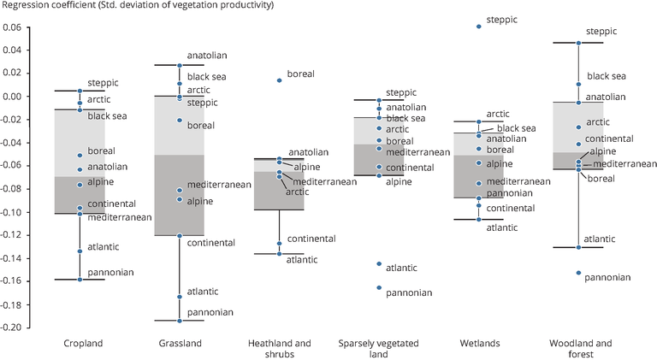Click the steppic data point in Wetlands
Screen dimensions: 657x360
pos(479,27)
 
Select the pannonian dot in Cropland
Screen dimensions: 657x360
pos(80,280)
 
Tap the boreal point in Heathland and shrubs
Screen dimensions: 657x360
pos(280,80)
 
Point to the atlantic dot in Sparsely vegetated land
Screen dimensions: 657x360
pos(379,263)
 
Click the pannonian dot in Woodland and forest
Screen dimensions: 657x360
pos(578,273)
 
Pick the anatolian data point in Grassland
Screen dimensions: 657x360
pos(180,65)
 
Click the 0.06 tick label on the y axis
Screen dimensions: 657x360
pos(12,27)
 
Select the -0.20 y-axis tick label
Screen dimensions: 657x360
pos(10,328)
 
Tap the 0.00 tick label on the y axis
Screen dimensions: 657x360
pos(12,97)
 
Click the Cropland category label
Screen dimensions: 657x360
pos(83,344)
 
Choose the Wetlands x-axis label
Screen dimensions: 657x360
pos(480,344)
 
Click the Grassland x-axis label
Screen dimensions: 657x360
pos(181,344)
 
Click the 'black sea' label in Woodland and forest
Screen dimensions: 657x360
pos(607,76)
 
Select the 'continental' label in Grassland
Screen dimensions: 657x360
pos(211,243)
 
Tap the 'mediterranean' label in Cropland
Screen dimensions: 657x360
pos(120,217)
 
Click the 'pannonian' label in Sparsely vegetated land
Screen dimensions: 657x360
pos(409,292)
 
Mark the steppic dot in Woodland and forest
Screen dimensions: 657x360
pos(578,43)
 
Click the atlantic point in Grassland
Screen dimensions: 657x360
pos(180,297)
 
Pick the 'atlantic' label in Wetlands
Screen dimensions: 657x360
pos(502,227)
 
